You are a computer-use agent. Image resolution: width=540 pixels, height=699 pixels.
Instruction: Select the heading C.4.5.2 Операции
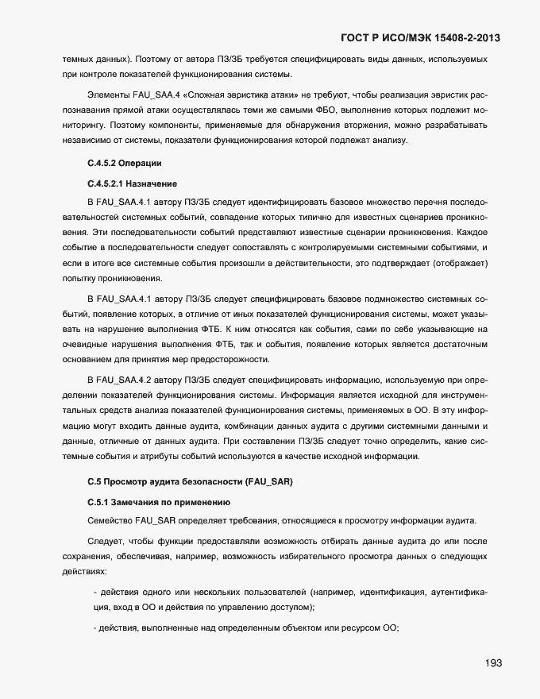(124, 163)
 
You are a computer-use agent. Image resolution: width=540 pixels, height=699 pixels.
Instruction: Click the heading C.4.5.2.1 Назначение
(132, 183)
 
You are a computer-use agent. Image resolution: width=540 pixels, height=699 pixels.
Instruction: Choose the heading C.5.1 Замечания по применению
(159, 503)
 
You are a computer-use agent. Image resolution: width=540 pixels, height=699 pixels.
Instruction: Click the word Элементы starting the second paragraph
(110, 95)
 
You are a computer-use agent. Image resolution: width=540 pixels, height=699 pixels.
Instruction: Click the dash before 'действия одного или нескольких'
(95, 592)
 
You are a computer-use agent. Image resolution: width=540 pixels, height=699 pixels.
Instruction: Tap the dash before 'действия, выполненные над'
(95, 628)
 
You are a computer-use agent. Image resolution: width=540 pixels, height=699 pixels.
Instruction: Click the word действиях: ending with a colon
(83, 571)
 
